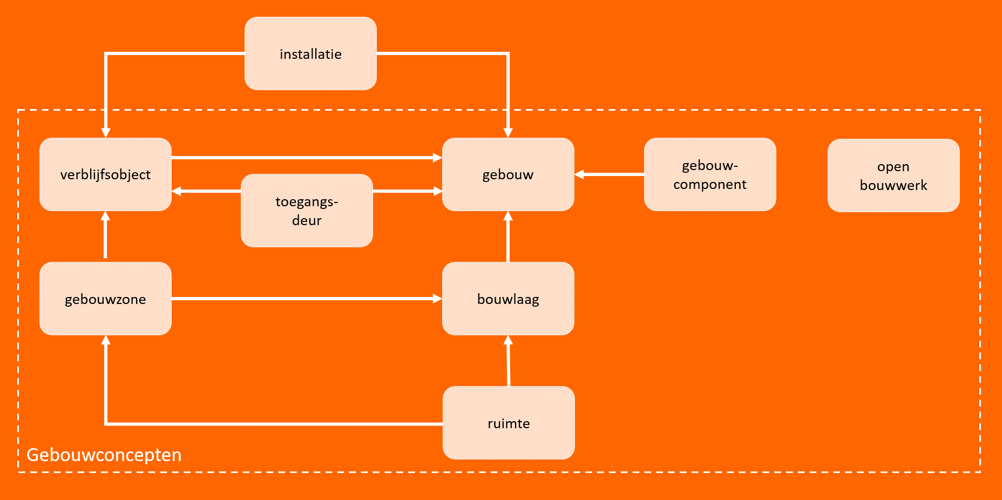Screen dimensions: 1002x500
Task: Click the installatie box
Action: (x=310, y=53)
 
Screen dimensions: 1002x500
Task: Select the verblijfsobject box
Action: (x=105, y=174)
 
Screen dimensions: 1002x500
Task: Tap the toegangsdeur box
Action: (x=307, y=211)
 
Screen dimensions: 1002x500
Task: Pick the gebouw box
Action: (x=508, y=174)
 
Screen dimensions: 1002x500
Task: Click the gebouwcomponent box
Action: (x=710, y=174)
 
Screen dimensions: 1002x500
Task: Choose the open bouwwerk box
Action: (x=893, y=175)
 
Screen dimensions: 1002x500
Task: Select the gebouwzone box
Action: (x=105, y=299)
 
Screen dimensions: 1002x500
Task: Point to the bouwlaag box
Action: (x=508, y=299)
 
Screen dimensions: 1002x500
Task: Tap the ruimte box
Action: (x=509, y=423)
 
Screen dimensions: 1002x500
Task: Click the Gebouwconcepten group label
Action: (x=104, y=455)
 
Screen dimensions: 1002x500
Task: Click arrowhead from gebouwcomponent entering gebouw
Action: (x=579, y=174)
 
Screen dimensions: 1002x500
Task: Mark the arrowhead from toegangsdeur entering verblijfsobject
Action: (x=177, y=191)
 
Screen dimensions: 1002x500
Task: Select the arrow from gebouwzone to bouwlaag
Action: (x=307, y=299)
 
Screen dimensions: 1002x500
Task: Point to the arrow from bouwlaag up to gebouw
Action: (x=508, y=237)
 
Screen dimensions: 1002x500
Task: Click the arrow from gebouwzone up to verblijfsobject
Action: (x=105, y=234)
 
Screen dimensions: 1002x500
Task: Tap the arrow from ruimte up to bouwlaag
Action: (x=508, y=361)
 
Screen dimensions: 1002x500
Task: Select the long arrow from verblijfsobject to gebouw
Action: (x=307, y=158)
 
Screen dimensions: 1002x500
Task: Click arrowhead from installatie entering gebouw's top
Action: (x=508, y=133)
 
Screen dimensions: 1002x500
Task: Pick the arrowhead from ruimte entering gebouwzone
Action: (x=106, y=340)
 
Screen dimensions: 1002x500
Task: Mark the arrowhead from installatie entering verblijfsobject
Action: (x=106, y=133)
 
